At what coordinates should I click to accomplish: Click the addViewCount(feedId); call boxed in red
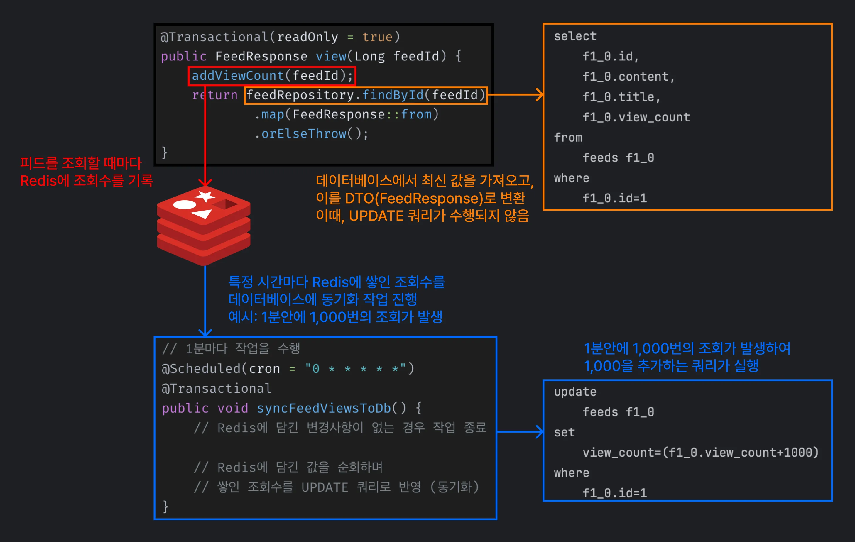point(272,76)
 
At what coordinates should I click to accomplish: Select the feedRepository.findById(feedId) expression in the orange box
point(366,95)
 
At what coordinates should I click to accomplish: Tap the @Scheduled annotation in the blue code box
point(201,369)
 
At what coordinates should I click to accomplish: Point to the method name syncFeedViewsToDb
point(324,408)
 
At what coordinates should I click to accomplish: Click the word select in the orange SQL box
point(575,36)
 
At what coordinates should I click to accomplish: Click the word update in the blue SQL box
point(575,392)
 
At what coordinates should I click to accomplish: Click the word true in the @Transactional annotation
point(377,37)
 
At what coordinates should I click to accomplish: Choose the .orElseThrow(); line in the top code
point(311,134)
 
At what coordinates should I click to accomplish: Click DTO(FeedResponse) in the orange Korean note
point(414,199)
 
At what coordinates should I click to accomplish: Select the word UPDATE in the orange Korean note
point(376,216)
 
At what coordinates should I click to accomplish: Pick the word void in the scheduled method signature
point(233,408)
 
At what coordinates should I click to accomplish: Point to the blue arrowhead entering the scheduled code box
point(205,333)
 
